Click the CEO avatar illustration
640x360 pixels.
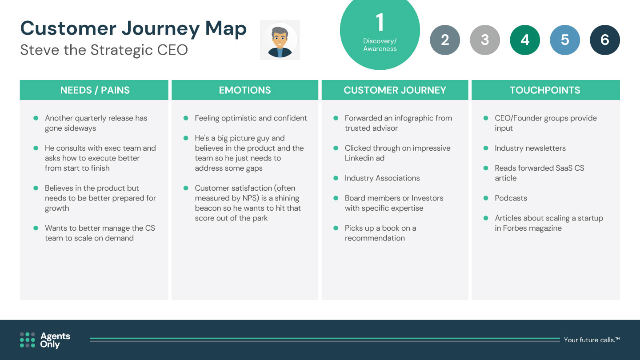280,40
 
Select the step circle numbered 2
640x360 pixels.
445,40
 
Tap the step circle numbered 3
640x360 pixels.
485,40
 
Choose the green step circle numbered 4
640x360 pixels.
525,40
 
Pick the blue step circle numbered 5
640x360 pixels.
565,40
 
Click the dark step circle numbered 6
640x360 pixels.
605,40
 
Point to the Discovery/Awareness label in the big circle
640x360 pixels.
380,45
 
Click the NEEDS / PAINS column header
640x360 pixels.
94,90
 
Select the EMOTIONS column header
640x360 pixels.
245,90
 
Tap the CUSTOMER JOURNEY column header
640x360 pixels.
395,90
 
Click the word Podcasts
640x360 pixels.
511,198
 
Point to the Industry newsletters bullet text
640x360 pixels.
530,148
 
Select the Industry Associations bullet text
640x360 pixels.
382,178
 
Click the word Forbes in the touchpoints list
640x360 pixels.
516,228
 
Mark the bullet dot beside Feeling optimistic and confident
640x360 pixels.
186,118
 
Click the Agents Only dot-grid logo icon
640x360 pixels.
28,340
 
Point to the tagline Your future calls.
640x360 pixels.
592,340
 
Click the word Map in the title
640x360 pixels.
226,29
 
